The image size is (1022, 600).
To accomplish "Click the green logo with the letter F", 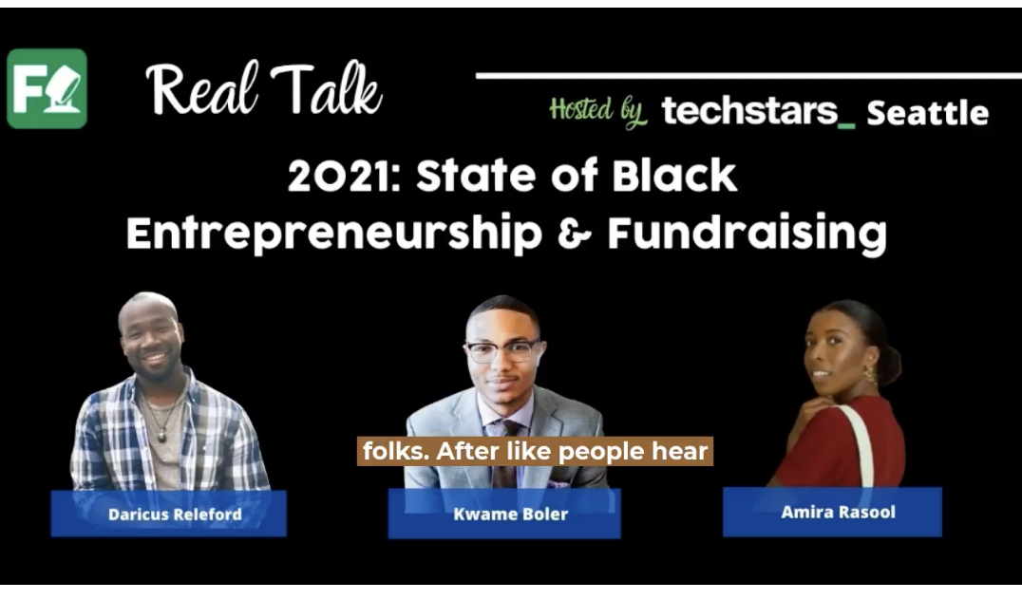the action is tap(47, 88).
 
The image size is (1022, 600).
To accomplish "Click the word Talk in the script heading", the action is tap(327, 88).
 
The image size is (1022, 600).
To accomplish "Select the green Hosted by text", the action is tap(597, 112).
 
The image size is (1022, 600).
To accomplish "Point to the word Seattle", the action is tap(927, 113).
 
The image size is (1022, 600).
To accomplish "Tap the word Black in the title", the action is tap(674, 176).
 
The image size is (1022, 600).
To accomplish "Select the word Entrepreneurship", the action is tap(334, 234).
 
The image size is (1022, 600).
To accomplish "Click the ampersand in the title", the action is tap(575, 234).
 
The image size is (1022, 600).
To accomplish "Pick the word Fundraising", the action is tap(747, 234).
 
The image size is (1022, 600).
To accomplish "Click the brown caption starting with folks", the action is tap(535, 451).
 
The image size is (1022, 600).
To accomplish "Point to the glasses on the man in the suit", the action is tap(504, 352).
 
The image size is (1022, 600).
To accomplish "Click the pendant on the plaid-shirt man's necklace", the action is tap(162, 436).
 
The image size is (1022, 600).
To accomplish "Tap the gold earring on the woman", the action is tap(870, 374).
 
